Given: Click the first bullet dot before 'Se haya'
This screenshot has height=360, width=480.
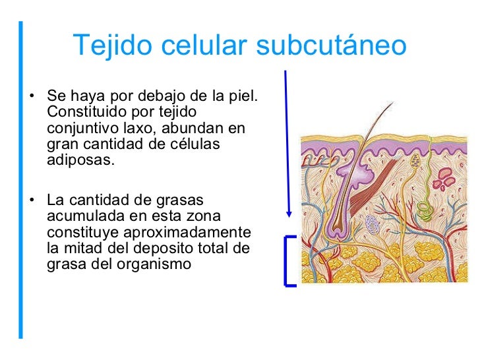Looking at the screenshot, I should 32,99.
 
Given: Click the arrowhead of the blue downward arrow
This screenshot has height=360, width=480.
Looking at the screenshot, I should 288,214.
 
